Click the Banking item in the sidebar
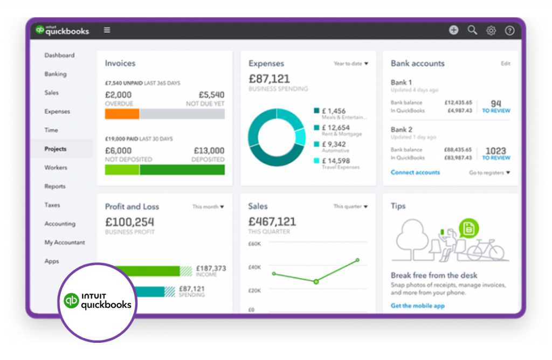tap(56, 74)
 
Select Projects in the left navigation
tap(56, 149)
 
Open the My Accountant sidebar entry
tap(65, 243)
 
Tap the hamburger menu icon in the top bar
tap(107, 30)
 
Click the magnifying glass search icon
tap(472, 30)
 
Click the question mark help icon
tap(509, 31)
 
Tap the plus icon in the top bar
tap(454, 30)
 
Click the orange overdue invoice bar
tap(122, 114)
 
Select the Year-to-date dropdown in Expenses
tap(351, 64)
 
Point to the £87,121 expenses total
tap(269, 79)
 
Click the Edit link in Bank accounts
tap(505, 64)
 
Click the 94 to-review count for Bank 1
tap(496, 103)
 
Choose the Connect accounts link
tap(415, 172)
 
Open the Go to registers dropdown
tap(489, 173)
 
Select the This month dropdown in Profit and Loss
tap(208, 206)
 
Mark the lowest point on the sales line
tap(316, 281)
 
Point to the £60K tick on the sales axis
tap(254, 244)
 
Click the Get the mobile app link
tap(418, 306)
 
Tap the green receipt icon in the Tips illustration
tap(469, 228)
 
